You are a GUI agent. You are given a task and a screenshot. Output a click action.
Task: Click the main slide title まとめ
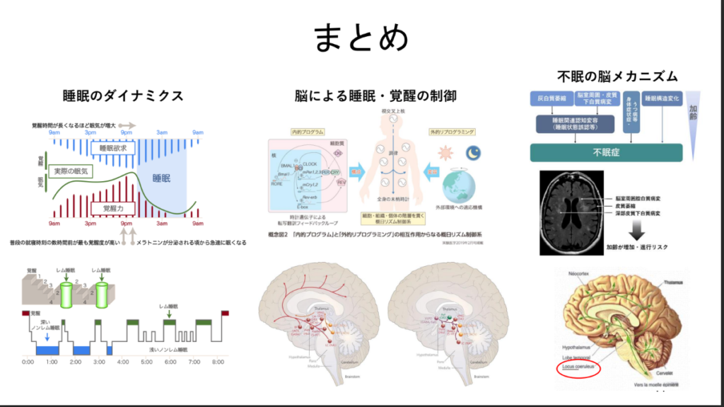(361, 38)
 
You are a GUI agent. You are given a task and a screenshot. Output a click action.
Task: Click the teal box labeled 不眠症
(606, 152)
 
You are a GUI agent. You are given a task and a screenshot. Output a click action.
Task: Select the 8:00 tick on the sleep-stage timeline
(218, 362)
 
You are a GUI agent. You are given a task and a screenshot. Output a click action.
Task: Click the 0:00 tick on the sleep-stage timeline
(28, 362)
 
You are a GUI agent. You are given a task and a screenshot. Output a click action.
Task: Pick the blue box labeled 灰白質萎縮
(549, 98)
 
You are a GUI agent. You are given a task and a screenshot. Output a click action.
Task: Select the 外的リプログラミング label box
(451, 132)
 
